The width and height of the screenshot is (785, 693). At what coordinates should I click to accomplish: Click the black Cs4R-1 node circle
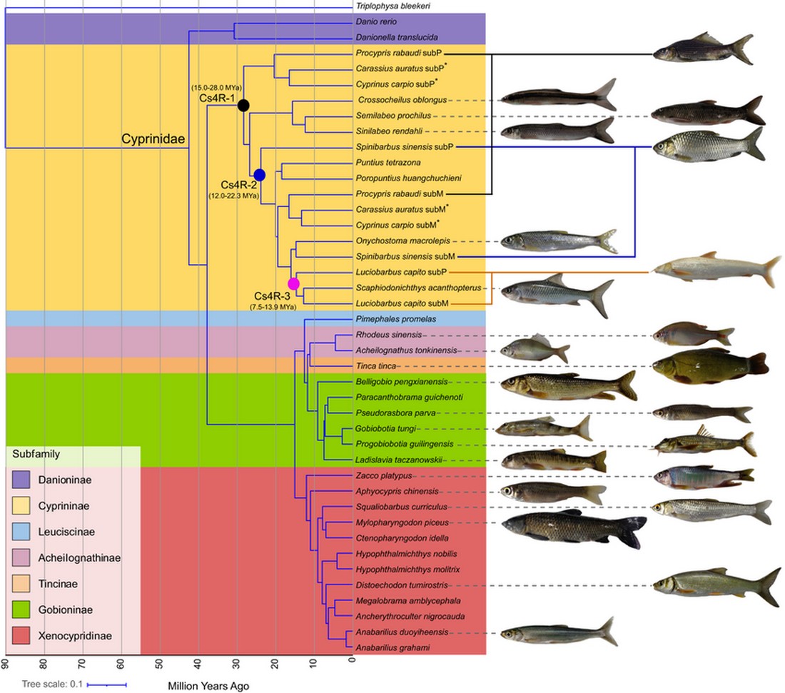click(x=243, y=106)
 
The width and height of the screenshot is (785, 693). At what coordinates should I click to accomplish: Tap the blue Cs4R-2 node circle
click(x=260, y=175)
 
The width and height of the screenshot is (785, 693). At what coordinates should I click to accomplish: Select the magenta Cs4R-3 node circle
click(x=293, y=283)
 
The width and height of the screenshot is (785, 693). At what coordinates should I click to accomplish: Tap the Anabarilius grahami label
click(x=387, y=648)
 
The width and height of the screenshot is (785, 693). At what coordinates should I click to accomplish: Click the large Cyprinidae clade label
click(x=153, y=140)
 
